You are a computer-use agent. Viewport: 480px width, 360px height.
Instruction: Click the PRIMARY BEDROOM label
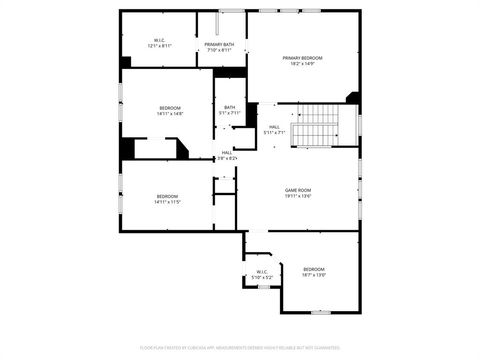coord(302,58)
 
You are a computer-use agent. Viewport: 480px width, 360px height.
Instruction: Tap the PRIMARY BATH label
coord(220,44)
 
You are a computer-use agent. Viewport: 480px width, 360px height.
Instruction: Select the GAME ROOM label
coord(298,190)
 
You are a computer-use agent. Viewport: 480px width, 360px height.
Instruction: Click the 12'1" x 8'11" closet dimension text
coord(159,46)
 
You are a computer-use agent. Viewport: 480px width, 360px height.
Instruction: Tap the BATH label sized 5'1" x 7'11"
coord(230,107)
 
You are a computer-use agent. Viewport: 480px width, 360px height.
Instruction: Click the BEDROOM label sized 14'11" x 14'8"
coord(169,107)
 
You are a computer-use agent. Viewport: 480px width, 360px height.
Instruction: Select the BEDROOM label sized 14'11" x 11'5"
coord(166,195)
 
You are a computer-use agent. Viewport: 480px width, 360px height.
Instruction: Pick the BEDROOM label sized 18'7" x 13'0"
coord(314,269)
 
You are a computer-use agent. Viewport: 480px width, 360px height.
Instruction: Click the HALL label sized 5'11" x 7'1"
coord(274,127)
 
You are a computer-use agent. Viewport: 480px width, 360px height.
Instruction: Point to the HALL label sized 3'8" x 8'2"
coord(227,152)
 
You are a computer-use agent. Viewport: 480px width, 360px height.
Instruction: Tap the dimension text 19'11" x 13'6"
coord(298,196)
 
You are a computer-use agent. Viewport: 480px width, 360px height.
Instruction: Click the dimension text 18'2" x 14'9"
coord(302,64)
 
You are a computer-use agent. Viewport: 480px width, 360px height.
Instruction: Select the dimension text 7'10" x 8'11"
coord(220,50)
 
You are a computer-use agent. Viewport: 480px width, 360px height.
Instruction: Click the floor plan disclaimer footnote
coord(240,349)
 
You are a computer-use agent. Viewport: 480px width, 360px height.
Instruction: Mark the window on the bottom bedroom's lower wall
coord(320,311)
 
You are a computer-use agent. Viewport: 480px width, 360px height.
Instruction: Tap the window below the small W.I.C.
coord(260,290)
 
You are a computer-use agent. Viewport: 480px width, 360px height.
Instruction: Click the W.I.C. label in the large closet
coord(159,40)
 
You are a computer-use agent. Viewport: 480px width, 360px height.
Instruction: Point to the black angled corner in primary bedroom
coord(352,97)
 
